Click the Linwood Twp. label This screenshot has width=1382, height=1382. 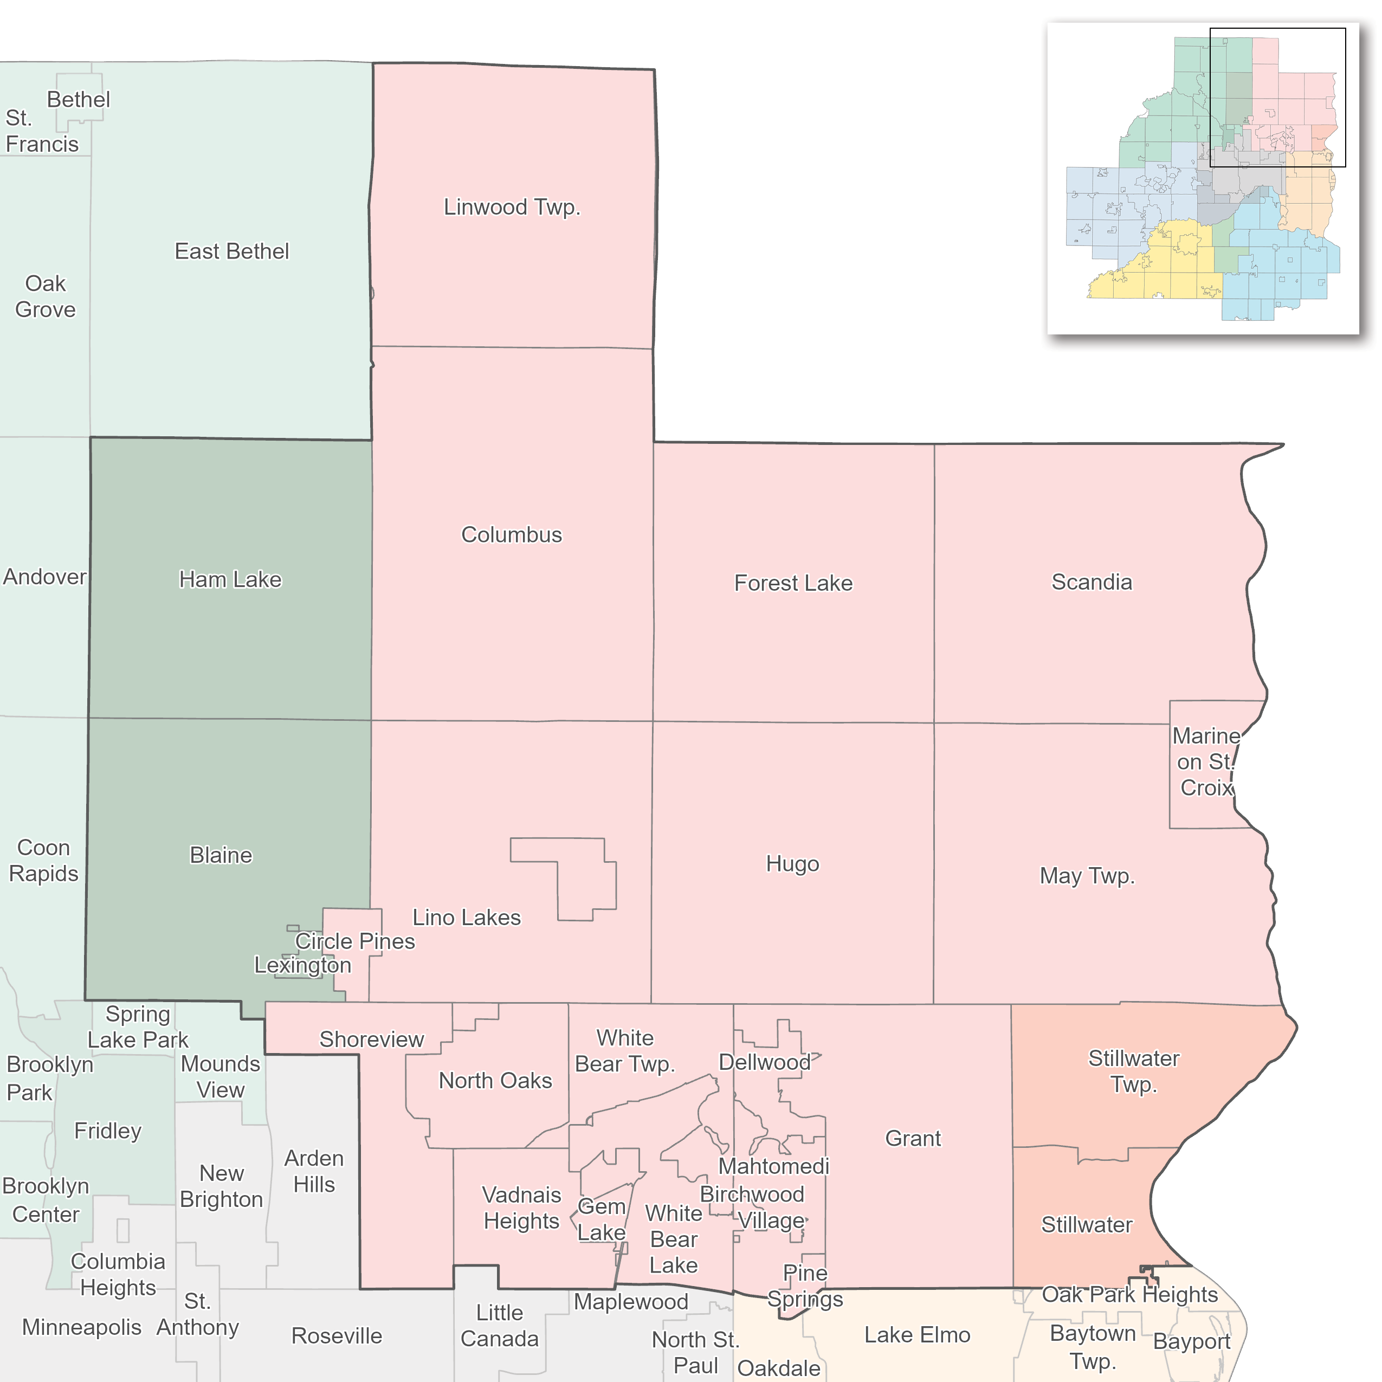[512, 208]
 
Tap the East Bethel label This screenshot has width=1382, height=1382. [232, 252]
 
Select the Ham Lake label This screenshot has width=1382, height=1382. [230, 579]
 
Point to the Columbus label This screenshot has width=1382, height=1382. [512, 535]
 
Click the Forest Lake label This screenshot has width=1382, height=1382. [793, 583]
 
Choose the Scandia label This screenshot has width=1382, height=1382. [1092, 582]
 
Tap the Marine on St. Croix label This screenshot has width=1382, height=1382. [1206, 762]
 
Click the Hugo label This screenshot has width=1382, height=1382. [792, 864]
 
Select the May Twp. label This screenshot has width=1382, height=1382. [1087, 876]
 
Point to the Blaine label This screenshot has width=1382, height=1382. [221, 856]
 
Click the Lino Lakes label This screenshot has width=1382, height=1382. [467, 918]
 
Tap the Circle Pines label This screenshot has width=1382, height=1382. [355, 941]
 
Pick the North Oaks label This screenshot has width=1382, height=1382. [495, 1081]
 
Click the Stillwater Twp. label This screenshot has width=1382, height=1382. [1134, 1071]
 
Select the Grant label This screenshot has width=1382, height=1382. [913, 1138]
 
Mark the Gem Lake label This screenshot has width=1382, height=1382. [602, 1219]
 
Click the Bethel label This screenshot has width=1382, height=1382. [79, 99]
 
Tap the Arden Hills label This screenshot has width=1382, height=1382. [314, 1172]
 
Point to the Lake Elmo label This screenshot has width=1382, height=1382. [917, 1335]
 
